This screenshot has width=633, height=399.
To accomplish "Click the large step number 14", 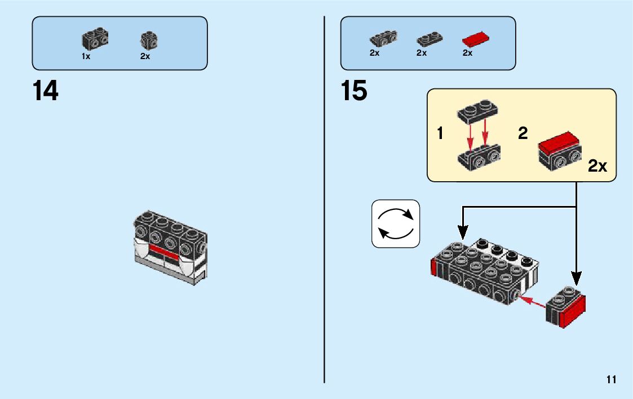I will tap(46, 91).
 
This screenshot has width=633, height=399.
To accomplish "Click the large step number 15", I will tap(354, 91).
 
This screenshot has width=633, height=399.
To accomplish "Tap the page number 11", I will tap(612, 379).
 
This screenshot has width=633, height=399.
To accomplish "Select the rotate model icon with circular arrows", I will tap(396, 224).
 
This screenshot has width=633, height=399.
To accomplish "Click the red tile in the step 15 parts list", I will tap(475, 40).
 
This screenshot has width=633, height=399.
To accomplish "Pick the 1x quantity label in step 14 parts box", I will tap(86, 56).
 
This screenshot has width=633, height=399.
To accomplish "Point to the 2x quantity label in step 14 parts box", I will tap(145, 56).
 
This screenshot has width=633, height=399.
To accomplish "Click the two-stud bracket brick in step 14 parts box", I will tap(95, 38).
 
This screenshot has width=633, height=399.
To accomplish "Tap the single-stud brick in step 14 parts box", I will tap(149, 39).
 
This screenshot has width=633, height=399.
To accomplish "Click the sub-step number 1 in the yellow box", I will tap(440, 134).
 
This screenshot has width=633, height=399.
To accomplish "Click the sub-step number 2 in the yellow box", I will tap(523, 134).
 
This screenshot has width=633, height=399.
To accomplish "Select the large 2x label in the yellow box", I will tap(597, 167).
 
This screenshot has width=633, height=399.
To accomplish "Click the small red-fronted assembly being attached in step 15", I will tap(566, 308).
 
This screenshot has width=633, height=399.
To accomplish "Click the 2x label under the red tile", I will tap(467, 53).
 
